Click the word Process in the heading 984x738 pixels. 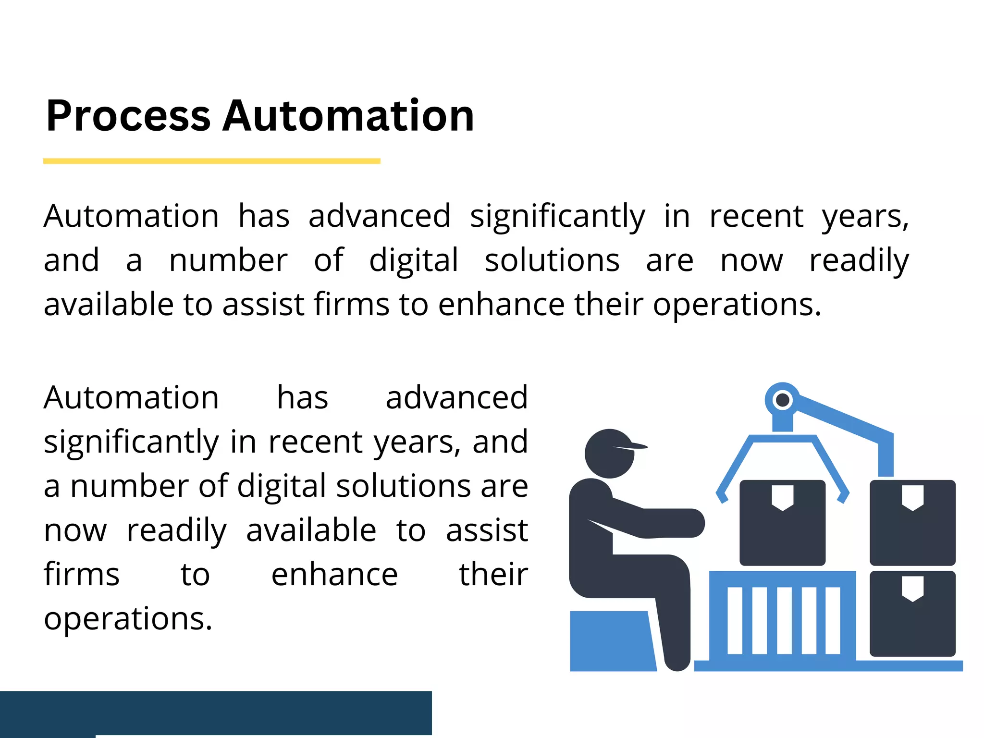pos(128,116)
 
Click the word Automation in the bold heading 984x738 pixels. pos(348,116)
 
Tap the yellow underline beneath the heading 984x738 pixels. pos(211,161)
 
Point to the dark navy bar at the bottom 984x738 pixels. pos(216,713)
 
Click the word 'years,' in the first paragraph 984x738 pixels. pos(865,217)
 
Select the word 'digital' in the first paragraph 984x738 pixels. pos(414,261)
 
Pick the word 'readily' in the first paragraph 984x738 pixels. pos(859,261)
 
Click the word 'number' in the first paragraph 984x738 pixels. pos(228,260)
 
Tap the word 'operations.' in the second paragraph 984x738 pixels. pos(128,619)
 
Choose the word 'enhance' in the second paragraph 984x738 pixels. pos(334,575)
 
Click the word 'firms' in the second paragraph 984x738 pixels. pos(82,575)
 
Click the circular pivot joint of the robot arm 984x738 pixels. pos(783,400)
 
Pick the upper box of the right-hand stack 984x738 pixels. pos(912,523)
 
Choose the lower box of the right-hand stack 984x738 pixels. pos(912,614)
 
